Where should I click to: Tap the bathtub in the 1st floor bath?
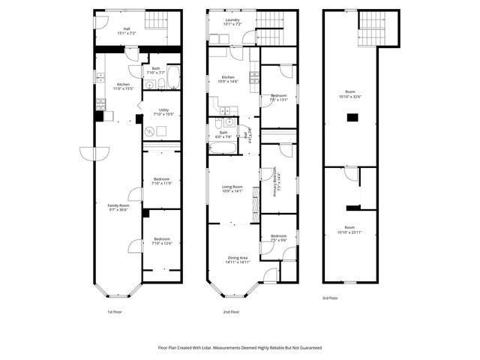[172, 76]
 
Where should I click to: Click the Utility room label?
[163, 112]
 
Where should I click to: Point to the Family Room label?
[118, 208]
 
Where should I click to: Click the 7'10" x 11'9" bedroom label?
[162, 181]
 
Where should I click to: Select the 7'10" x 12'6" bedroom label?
[162, 241]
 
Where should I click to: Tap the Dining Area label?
[238, 260]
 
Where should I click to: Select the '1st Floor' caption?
[114, 311]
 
